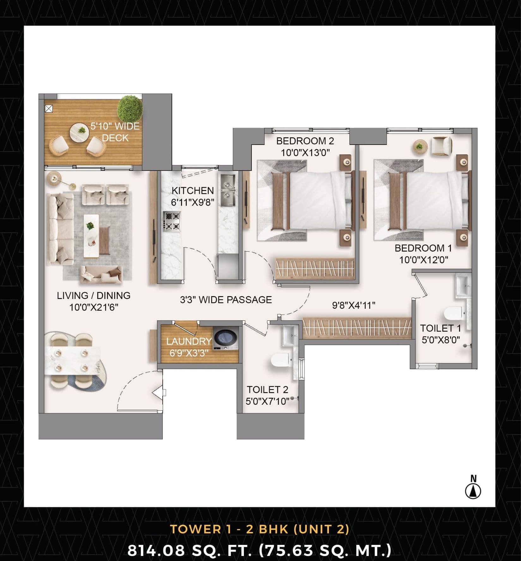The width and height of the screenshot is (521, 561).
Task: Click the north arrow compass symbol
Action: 473,491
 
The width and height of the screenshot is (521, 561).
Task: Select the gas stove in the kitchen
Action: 172,221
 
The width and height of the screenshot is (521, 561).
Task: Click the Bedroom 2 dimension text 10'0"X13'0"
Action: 305,153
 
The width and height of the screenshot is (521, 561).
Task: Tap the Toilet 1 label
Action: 440,328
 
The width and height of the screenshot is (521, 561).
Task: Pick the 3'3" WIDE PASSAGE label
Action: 226,300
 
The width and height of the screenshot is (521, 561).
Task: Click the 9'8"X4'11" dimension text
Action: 354,305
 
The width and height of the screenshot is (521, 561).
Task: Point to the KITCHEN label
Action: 193,190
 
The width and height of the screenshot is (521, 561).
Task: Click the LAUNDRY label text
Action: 189,341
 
